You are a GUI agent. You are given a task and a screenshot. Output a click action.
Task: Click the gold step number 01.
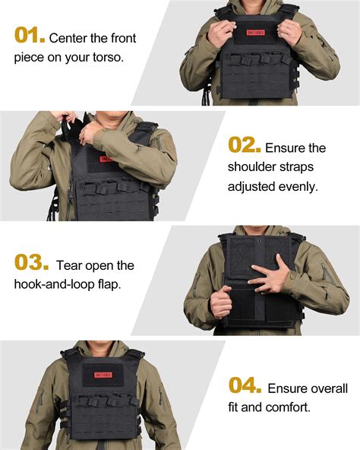[x=29, y=35]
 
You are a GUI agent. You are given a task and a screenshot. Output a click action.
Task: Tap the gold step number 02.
[x=245, y=146]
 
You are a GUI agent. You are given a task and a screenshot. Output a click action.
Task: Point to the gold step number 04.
[x=245, y=385]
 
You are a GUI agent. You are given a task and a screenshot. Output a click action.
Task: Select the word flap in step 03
[x=112, y=285]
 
